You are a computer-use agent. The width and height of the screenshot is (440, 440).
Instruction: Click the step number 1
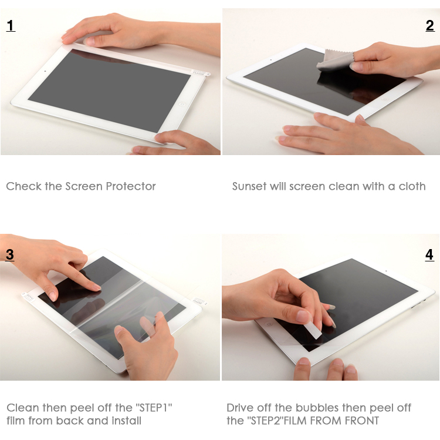tap(11, 26)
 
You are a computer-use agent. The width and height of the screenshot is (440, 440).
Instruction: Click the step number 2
tap(430, 26)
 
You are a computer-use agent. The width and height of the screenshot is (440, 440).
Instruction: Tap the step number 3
tap(10, 254)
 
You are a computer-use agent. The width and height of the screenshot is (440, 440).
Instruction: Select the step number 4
tap(429, 255)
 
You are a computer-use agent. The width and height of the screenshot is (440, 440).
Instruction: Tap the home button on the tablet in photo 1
tap(182, 105)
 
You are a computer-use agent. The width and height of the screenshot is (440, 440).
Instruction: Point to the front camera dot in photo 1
tap(45, 71)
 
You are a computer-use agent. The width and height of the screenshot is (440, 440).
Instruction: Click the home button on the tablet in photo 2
tap(385, 99)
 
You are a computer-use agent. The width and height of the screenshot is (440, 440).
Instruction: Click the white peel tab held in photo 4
tap(314, 331)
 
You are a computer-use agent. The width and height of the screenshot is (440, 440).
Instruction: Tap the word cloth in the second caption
tap(412, 186)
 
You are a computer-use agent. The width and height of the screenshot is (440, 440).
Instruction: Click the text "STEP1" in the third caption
tap(154, 408)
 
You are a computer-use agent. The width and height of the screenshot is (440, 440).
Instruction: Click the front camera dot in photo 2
tap(271, 60)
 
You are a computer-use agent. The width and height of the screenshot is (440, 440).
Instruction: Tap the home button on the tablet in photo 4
tap(269, 324)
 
